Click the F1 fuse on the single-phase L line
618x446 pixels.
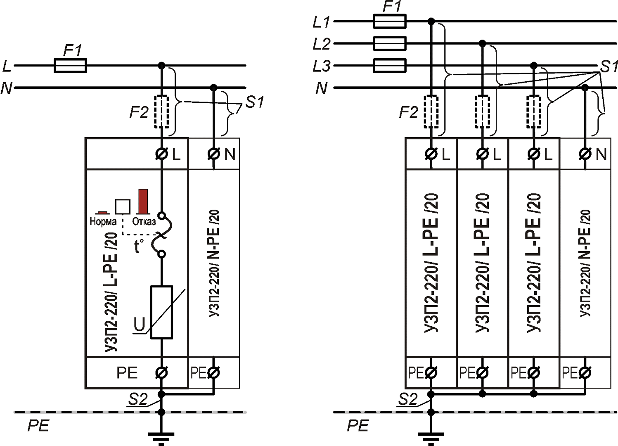click(x=70, y=65)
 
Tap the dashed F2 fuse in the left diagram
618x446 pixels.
click(x=161, y=112)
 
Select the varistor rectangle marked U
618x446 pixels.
click(x=161, y=312)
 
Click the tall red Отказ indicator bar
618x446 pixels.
click(x=143, y=202)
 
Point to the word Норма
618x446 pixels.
click(x=103, y=222)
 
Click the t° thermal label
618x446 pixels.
click(x=139, y=246)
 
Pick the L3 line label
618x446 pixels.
click(x=322, y=66)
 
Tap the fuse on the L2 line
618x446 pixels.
click(x=389, y=43)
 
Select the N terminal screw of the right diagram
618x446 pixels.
click(x=585, y=154)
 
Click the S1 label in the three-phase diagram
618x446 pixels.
click(x=609, y=66)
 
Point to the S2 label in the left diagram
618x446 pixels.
click(x=138, y=399)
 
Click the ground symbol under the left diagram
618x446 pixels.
click(x=161, y=437)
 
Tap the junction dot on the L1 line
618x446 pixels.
click(x=431, y=21)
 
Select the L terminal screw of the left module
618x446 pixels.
click(x=161, y=154)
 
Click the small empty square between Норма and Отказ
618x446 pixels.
click(x=123, y=206)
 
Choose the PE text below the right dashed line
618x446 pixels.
click(x=358, y=426)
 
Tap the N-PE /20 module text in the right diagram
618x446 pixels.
click(x=585, y=263)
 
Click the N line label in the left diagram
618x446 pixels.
click(x=7, y=88)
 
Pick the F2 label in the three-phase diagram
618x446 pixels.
click(x=408, y=112)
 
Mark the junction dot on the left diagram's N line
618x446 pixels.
click(x=213, y=88)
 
